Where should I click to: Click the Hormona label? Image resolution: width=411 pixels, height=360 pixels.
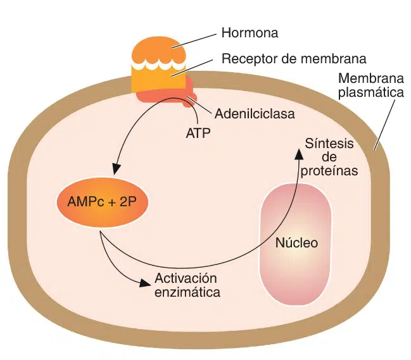[x=250, y=32]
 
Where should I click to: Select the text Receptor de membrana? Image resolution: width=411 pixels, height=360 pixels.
[x=294, y=59]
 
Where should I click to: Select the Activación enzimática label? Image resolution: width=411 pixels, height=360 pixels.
[x=187, y=285]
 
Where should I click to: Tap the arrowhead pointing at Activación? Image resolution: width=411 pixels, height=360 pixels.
[x=146, y=282]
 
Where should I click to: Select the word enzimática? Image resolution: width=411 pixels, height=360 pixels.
[x=187, y=292]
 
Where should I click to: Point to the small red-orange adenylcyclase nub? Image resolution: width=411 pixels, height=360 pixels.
[x=188, y=101]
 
